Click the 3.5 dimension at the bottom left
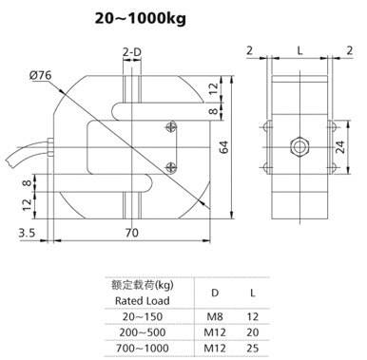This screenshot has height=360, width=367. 26,229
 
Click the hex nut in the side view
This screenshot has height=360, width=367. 299,146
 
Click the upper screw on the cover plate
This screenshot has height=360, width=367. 170,126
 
